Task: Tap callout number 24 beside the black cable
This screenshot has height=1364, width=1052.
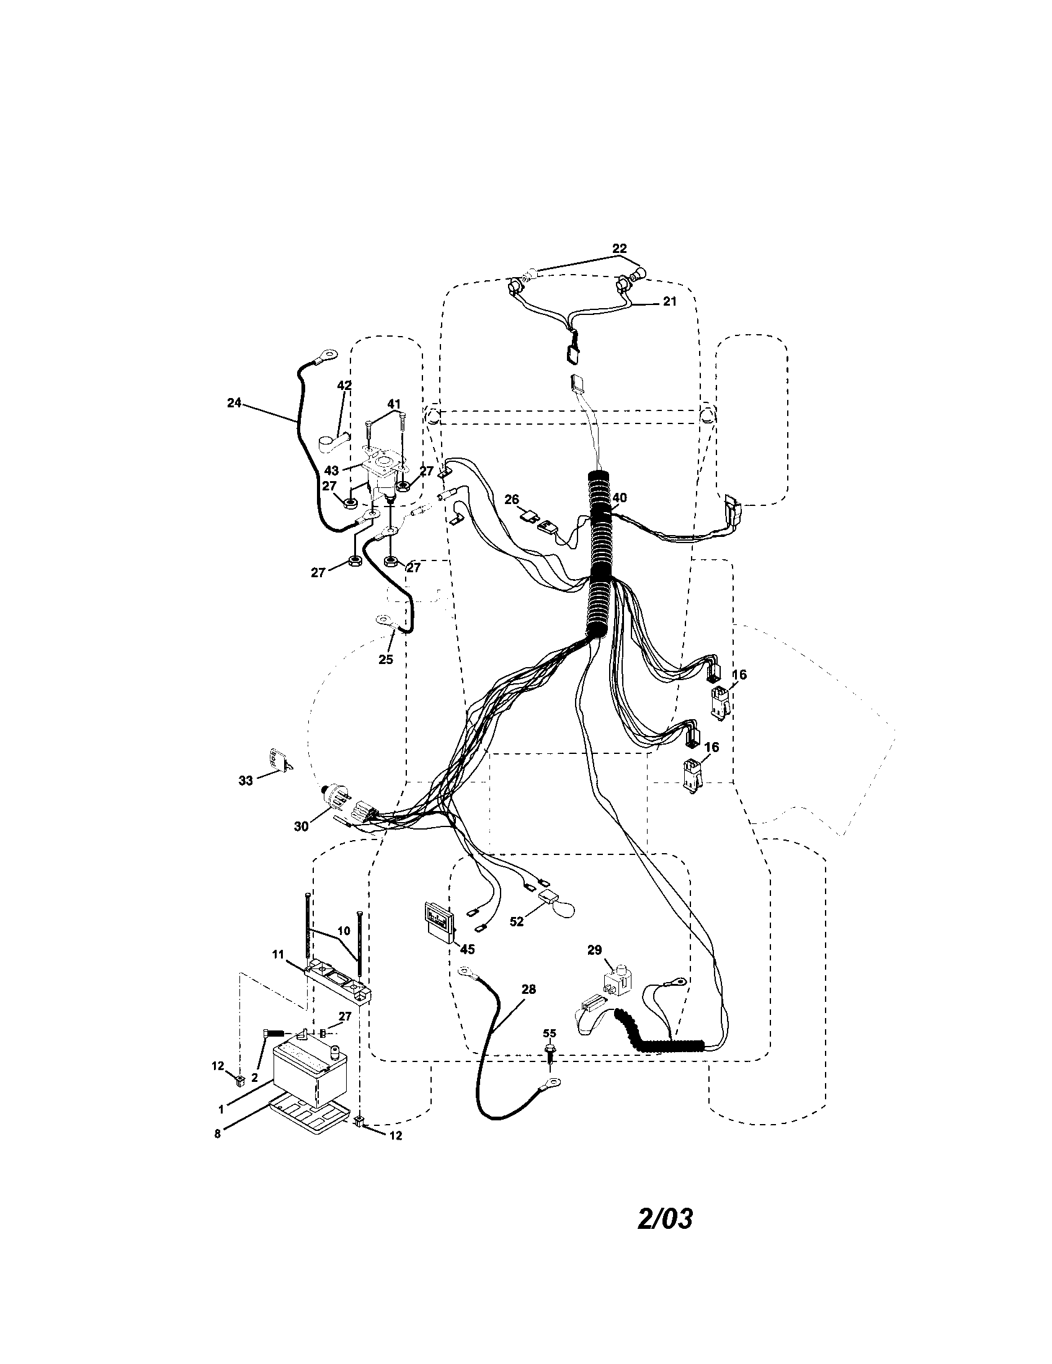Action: click(234, 403)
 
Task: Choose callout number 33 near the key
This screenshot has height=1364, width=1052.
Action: click(246, 780)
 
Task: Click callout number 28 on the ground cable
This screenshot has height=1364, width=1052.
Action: click(528, 990)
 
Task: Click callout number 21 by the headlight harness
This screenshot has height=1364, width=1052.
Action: click(669, 302)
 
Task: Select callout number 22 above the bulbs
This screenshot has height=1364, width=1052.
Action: click(619, 249)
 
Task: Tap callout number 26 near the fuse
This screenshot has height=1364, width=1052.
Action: click(512, 499)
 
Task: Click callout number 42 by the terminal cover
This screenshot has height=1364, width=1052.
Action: click(344, 386)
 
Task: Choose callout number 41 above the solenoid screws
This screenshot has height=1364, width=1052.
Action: click(393, 405)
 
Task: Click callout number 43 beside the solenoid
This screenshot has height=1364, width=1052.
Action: click(332, 470)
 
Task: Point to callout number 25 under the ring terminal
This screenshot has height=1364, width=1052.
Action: click(385, 659)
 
